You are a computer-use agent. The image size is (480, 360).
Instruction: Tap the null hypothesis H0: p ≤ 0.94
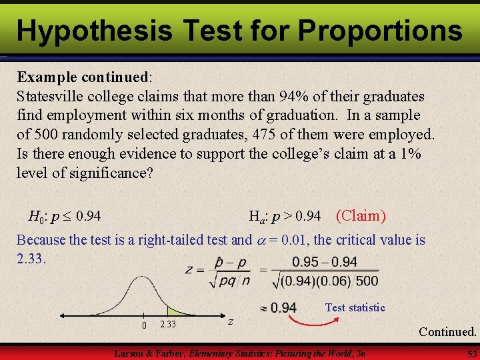[x=65, y=216]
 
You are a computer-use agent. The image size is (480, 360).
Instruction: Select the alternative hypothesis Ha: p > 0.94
[x=285, y=216]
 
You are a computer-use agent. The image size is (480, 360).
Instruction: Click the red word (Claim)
[x=361, y=215]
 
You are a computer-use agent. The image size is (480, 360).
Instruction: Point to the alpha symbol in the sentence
[x=259, y=240]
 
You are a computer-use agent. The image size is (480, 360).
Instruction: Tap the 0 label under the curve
[x=143, y=325]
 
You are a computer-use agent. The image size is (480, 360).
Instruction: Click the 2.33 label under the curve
[x=168, y=324]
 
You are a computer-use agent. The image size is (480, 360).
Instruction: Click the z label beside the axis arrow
[x=231, y=321]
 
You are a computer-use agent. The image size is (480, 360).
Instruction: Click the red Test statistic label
[x=355, y=307]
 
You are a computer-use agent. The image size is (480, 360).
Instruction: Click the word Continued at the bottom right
[x=447, y=331]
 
